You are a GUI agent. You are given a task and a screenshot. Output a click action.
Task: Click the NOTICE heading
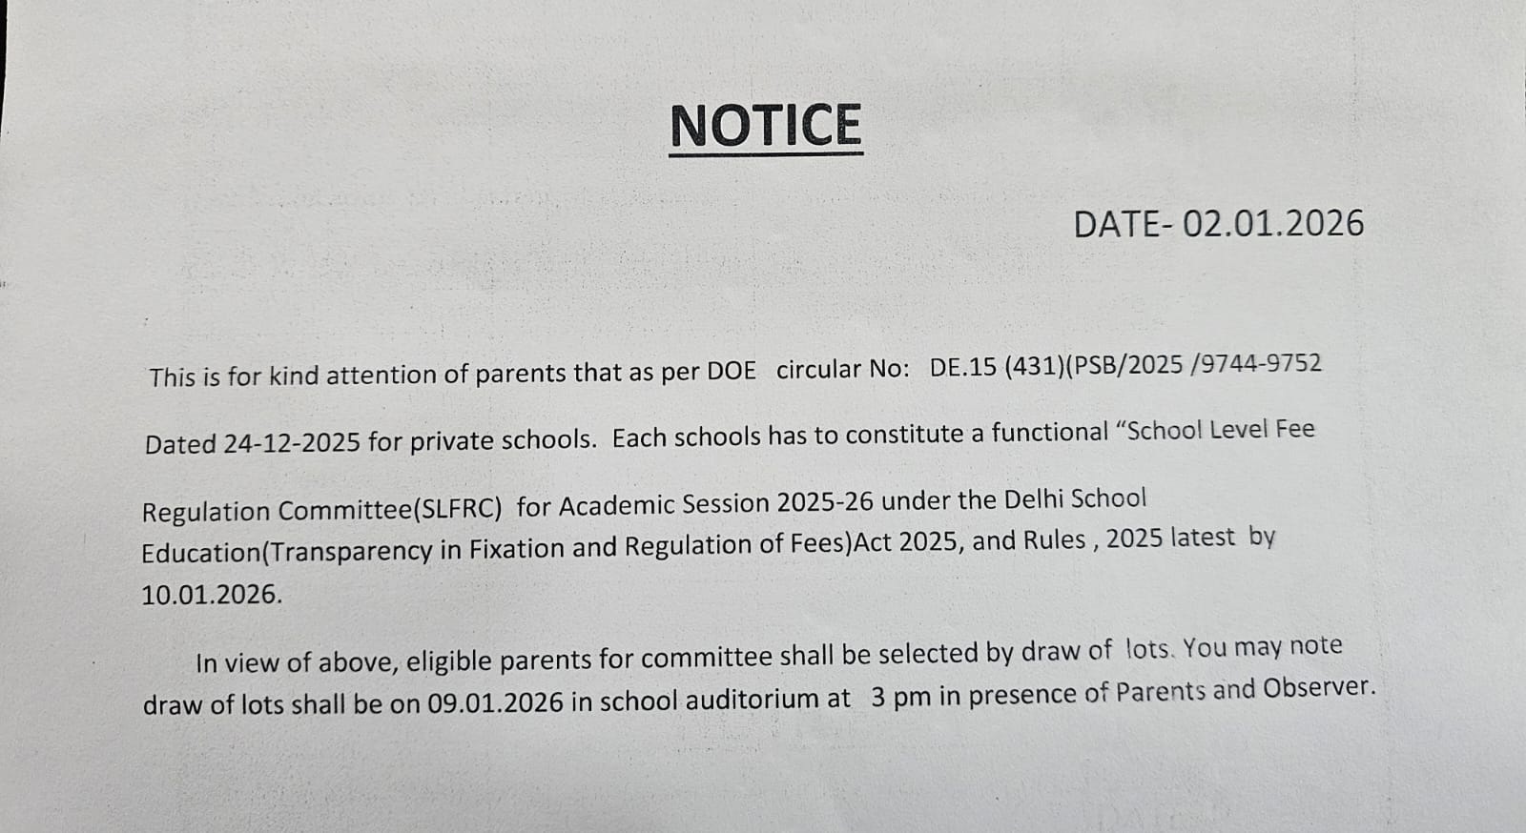point(766,127)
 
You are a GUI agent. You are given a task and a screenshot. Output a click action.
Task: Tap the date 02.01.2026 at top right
point(1273,224)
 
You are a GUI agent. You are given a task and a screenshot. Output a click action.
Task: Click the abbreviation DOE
point(731,372)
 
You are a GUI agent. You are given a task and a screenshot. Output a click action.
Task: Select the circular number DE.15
point(962,368)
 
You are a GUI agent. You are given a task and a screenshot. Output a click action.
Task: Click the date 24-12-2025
point(292,443)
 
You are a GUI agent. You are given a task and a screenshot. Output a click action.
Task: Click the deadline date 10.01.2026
point(211,595)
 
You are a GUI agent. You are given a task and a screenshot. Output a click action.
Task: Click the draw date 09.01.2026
point(495,702)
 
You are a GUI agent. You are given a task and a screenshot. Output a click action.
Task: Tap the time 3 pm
point(900,697)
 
